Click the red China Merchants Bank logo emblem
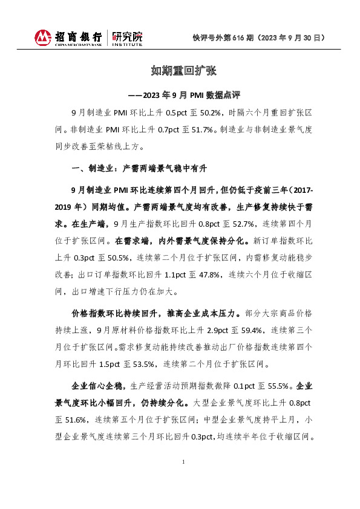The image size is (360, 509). [x=44, y=38]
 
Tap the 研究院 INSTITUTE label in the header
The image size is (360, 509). [x=128, y=38]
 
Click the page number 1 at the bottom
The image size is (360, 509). [x=183, y=462]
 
